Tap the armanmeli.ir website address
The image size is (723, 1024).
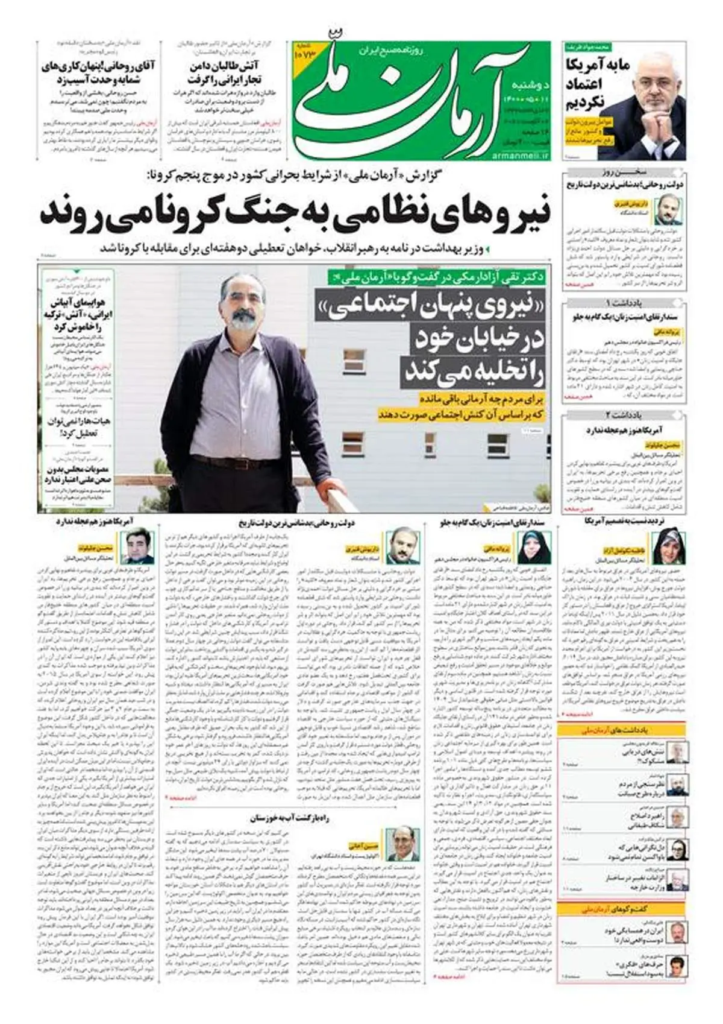pyautogui.click(x=520, y=156)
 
